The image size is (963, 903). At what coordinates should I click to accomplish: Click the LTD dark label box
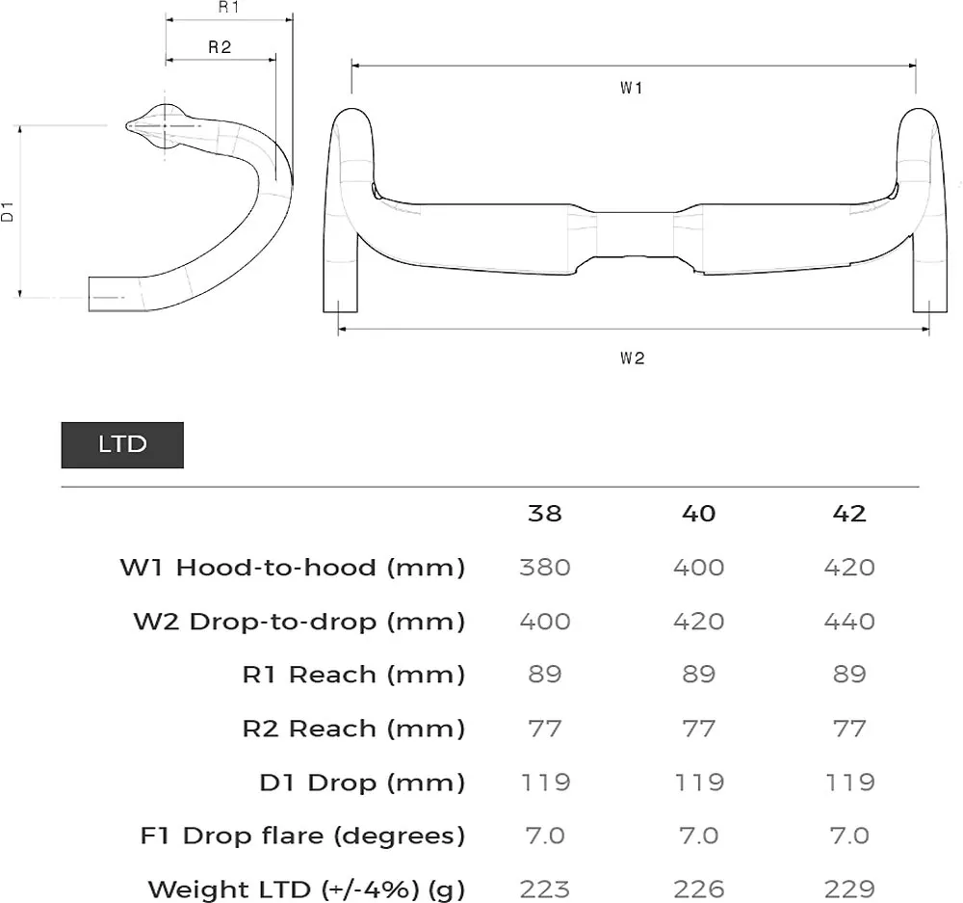122,444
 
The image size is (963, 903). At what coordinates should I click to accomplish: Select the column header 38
544,514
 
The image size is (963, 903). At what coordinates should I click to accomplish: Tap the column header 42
849,514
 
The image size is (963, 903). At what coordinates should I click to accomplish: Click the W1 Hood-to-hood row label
293,568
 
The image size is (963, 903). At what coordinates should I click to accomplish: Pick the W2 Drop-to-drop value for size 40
698,622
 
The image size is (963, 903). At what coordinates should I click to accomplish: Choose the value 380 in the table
544,568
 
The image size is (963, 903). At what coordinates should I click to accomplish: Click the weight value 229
849,889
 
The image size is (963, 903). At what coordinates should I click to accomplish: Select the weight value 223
544,889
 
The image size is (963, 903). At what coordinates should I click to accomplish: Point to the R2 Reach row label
353,729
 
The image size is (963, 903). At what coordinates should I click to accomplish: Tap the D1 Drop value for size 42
849,782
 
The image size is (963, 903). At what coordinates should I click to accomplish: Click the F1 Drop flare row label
302,836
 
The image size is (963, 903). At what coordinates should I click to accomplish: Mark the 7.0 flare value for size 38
544,836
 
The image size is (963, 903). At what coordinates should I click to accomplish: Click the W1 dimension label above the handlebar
632,89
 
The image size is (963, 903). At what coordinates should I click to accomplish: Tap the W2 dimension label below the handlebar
632,359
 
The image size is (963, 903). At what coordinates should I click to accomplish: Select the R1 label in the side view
228,8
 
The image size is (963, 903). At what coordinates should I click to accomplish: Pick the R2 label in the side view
220,47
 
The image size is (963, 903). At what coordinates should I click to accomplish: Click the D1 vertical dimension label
8,212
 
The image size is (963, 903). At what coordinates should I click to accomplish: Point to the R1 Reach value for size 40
698,675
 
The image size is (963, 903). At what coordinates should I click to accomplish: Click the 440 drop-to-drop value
849,622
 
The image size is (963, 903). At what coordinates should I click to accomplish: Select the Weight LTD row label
306,889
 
